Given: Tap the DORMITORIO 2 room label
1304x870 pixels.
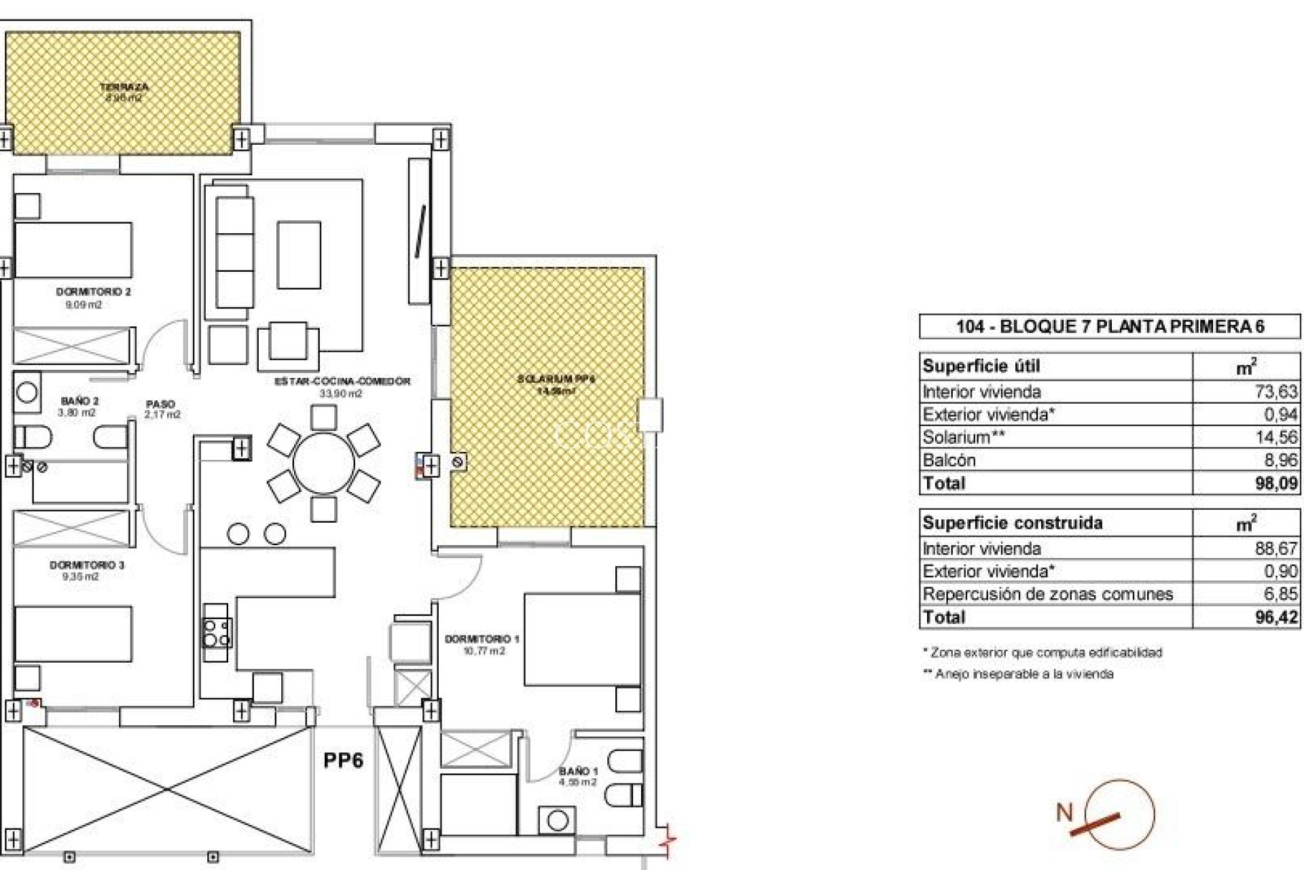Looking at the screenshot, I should (93, 292).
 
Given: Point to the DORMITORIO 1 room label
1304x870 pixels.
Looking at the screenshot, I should (482, 639).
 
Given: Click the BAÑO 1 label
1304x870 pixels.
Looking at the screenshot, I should (579, 771).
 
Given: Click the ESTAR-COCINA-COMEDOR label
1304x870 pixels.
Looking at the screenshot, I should (342, 382).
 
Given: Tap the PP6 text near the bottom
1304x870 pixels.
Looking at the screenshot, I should (343, 760).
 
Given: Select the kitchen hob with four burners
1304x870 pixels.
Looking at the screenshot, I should (217, 633).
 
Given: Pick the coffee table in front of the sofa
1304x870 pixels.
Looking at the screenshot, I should (299, 255).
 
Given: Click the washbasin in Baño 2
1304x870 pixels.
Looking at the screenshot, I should (27, 392).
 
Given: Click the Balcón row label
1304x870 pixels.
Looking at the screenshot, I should (949, 460).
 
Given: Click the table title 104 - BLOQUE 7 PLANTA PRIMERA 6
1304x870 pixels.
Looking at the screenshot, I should (1109, 326).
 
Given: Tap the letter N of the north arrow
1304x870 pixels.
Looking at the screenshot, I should (1064, 812).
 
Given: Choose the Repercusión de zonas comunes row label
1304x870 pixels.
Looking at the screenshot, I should (1047, 594).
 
